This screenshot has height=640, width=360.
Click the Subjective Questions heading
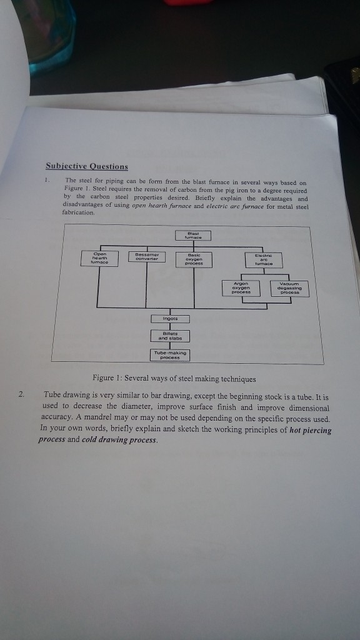click(x=87, y=166)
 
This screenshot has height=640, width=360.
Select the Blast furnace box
click(x=193, y=236)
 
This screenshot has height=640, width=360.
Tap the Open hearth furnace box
click(x=100, y=258)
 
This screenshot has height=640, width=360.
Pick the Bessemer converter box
click(x=146, y=256)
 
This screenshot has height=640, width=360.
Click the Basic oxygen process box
click(x=194, y=259)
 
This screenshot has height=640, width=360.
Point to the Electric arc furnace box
click(x=263, y=260)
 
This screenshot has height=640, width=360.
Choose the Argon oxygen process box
click(x=241, y=287)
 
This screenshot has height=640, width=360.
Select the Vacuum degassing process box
click(x=289, y=288)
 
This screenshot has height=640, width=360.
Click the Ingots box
click(x=170, y=318)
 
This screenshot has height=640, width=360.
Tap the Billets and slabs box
click(x=171, y=336)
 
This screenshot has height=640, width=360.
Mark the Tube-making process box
click(x=170, y=355)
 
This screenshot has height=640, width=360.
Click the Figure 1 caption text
click(x=174, y=379)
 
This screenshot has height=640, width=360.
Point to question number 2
click(x=22, y=395)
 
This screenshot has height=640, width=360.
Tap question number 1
click(x=47, y=179)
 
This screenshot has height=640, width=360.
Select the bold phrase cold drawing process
click(x=119, y=441)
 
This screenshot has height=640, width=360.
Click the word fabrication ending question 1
click(x=78, y=212)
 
